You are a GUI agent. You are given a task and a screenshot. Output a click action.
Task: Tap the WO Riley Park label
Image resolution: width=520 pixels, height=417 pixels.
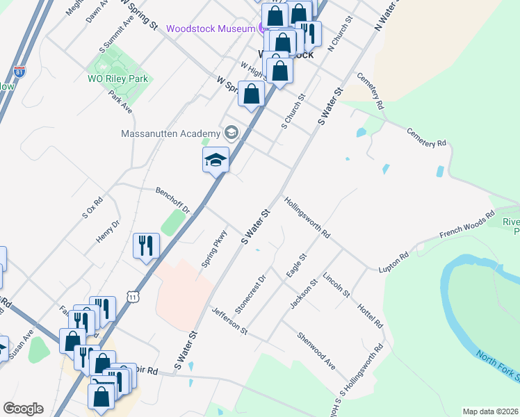[x=117, y=79]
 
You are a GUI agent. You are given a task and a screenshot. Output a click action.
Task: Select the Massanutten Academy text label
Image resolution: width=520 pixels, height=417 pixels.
[x=170, y=133]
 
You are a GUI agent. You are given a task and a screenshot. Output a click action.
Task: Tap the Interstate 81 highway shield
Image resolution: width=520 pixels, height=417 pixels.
[x=19, y=72]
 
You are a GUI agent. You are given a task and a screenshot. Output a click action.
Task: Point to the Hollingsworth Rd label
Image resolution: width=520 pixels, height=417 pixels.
[x=307, y=218]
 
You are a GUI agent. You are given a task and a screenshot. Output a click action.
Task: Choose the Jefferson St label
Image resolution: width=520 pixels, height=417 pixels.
[x=229, y=320]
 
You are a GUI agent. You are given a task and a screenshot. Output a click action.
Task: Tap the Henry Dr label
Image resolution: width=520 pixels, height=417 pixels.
[x=108, y=230]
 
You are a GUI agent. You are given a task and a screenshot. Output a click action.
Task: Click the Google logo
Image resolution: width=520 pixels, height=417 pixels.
[x=23, y=409]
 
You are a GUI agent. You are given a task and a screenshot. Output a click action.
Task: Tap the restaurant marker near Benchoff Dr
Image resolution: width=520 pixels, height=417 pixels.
[x=146, y=245]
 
